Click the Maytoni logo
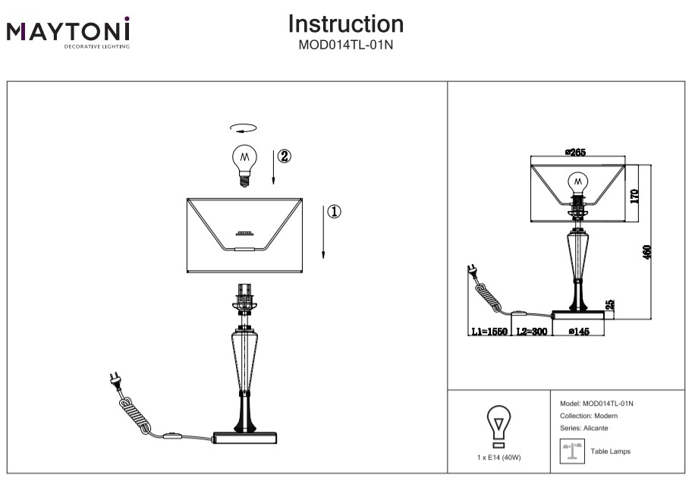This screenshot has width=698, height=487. (x=69, y=33)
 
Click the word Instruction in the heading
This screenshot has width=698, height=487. (x=345, y=24)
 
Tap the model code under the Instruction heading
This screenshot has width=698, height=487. (x=345, y=44)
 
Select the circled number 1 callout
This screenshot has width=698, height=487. (x=335, y=211)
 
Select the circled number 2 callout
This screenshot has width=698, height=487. (x=284, y=156)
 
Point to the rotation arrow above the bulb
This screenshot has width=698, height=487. (x=244, y=129)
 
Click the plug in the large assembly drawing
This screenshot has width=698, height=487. (x=116, y=379)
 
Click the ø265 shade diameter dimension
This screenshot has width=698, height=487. (x=576, y=152)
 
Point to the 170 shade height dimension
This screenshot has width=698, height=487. (x=634, y=195)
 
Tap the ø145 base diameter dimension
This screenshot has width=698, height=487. (x=580, y=331)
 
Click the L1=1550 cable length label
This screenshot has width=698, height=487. (x=489, y=331)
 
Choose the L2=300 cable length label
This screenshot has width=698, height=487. (x=532, y=331)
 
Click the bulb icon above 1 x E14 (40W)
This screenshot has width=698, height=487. (x=498, y=425)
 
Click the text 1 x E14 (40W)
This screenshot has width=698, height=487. (x=499, y=457)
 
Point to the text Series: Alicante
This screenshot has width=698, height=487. (x=583, y=429)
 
